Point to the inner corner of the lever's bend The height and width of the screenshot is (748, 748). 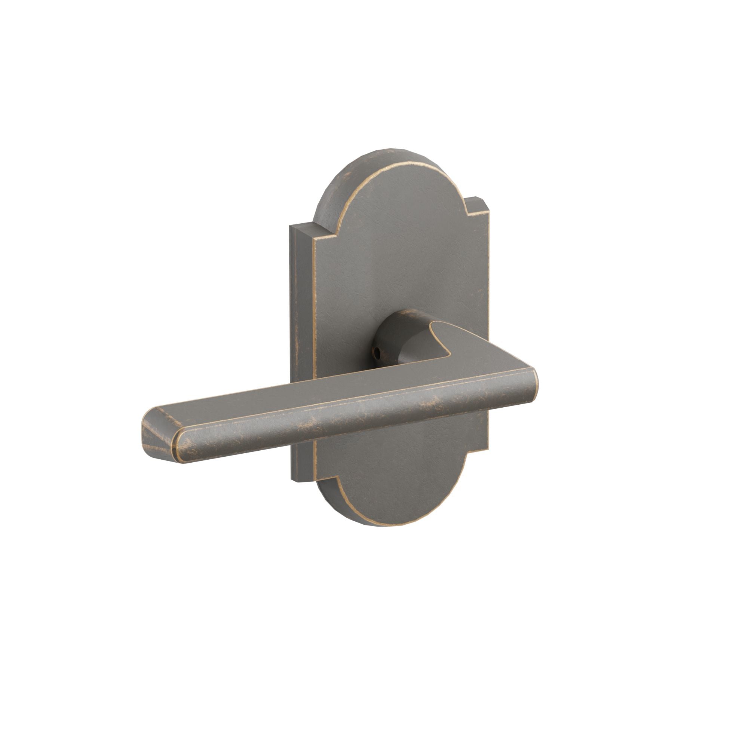pyautogui.click(x=449, y=354)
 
